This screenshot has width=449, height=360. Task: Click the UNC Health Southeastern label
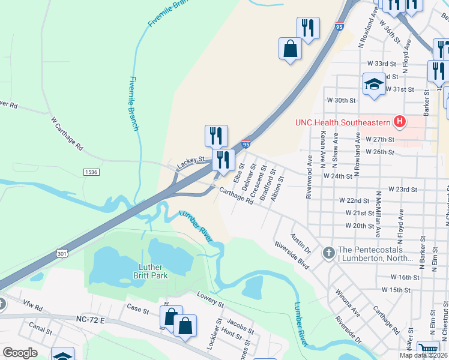point(342,122)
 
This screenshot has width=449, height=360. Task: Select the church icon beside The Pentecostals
point(328,253)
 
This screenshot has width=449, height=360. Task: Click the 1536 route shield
point(91,172)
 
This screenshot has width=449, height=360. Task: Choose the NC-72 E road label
point(91,321)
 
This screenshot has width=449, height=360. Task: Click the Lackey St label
point(191,161)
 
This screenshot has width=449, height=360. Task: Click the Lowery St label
point(211,300)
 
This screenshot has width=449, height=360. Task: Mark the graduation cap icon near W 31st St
point(374,85)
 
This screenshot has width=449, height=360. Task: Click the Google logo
point(20,353)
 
